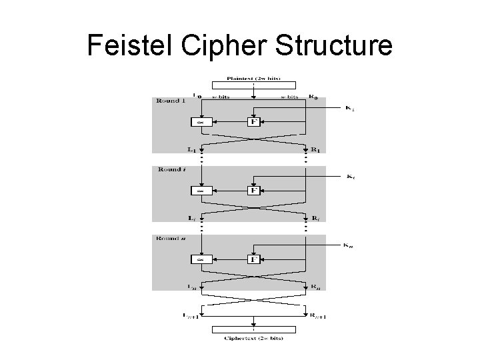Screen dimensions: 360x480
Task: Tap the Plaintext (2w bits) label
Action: pyautogui.click(x=253, y=77)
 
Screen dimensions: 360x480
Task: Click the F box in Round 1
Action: pyautogui.click(x=253, y=122)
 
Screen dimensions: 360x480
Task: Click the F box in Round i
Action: pyautogui.click(x=253, y=190)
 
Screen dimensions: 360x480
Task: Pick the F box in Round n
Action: pyautogui.click(x=253, y=259)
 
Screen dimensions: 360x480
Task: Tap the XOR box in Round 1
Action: pyautogui.click(x=199, y=122)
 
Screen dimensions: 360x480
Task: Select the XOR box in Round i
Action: pyautogui.click(x=199, y=191)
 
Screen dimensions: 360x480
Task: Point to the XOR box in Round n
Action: pyautogui.click(x=199, y=259)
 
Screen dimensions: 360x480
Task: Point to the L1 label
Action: pyautogui.click(x=193, y=150)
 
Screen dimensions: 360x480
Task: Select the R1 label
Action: pyautogui.click(x=314, y=150)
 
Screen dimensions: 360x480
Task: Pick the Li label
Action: pyautogui.click(x=193, y=218)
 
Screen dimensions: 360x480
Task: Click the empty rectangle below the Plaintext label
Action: pyautogui.click(x=253, y=85)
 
